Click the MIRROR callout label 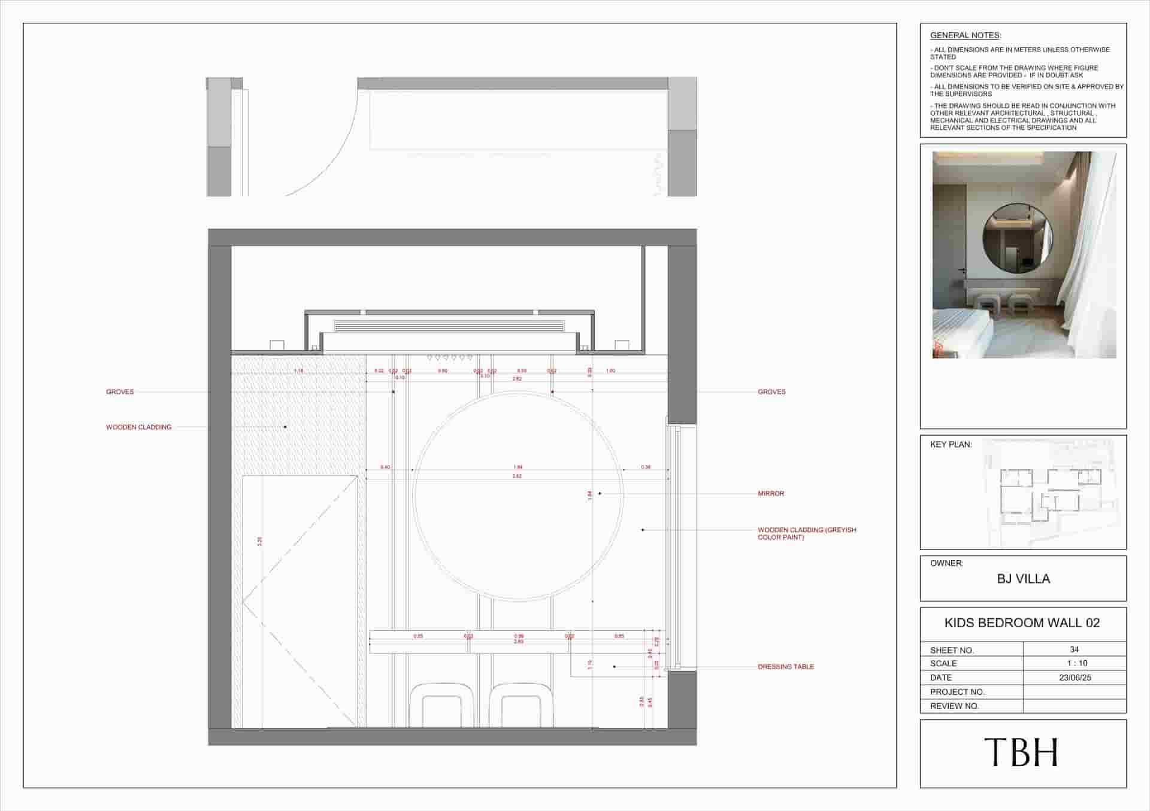[x=771, y=494]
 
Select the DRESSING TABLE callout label [x=786, y=667]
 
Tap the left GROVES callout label [x=120, y=392]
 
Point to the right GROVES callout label [x=771, y=392]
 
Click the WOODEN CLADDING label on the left [x=138, y=427]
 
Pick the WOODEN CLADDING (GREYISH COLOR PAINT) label [x=807, y=533]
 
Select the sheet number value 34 [x=1075, y=649]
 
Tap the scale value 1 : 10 [x=1075, y=663]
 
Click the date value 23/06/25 [x=1075, y=678]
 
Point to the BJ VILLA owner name [x=1023, y=579]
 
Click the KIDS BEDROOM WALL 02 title [x=1022, y=623]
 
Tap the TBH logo [x=1021, y=752]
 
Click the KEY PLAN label [x=951, y=445]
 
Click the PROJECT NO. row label [x=957, y=692]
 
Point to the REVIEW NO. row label [x=954, y=706]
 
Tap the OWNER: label [x=946, y=564]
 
